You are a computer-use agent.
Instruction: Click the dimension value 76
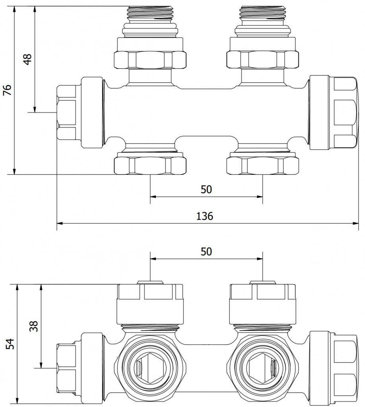[x=8, y=90]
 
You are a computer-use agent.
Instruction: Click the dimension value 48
[x=27, y=59]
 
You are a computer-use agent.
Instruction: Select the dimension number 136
[x=204, y=216]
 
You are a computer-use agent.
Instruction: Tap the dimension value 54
[x=10, y=344]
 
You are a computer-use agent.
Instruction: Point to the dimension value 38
[x=34, y=326]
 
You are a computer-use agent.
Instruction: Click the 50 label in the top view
[x=206, y=190]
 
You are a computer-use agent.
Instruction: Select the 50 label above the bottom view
[x=206, y=252]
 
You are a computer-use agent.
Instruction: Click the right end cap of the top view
[x=334, y=112]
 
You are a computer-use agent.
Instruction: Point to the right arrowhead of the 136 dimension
[x=355, y=223]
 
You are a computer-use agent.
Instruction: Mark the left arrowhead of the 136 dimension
[x=60, y=223]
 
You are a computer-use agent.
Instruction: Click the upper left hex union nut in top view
[x=150, y=60]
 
